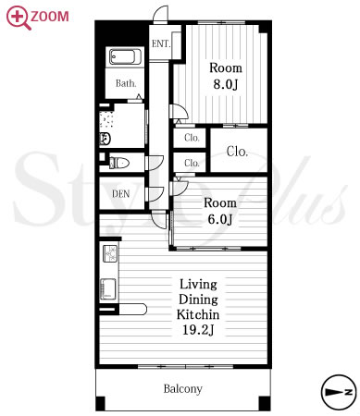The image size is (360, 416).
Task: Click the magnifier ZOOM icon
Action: (19, 18)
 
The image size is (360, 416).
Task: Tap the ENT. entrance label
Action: (161, 43)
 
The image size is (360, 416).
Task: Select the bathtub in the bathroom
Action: (125, 56)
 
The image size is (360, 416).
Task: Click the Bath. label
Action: (126, 83)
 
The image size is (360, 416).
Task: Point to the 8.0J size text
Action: (226, 84)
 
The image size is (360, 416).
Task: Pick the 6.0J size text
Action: (220, 219)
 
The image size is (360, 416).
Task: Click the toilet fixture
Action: (119, 163)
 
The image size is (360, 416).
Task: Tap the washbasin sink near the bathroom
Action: (105, 139)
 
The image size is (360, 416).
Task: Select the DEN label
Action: (120, 194)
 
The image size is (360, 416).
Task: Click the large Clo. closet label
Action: (237, 152)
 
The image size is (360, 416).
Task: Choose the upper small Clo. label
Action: (192, 138)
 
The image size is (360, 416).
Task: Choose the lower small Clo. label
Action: (192, 163)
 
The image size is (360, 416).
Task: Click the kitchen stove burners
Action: (110, 253)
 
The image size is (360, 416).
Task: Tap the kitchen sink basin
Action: (108, 289)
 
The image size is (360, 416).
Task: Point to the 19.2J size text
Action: (198, 330)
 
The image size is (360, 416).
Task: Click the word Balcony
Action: (183, 389)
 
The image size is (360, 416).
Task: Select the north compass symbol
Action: (339, 392)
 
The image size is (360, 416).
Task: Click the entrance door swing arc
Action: (161, 14)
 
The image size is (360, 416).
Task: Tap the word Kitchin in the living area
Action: (198, 314)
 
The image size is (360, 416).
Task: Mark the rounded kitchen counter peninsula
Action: (132, 309)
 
